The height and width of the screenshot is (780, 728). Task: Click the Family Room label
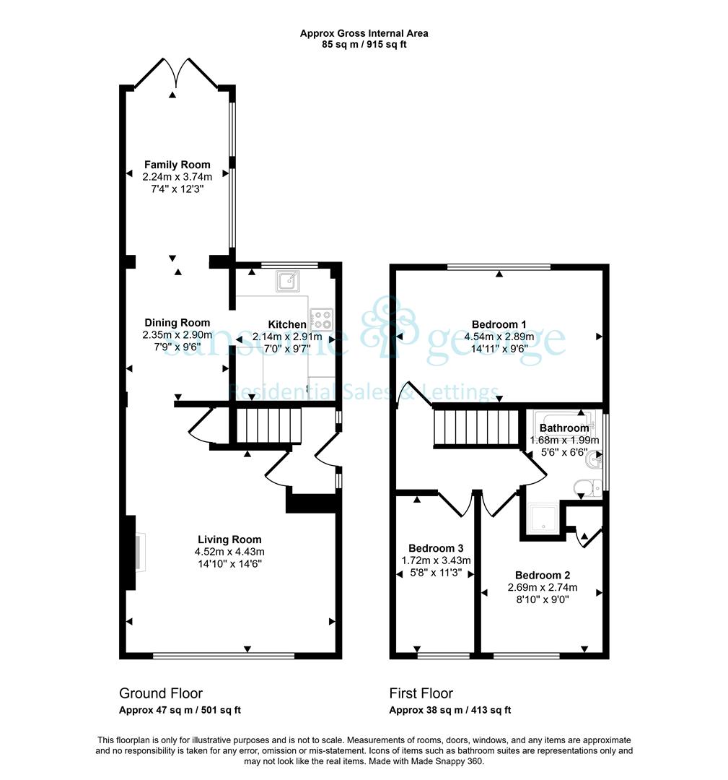click(x=177, y=165)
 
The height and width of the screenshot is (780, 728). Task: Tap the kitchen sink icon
click(x=288, y=281)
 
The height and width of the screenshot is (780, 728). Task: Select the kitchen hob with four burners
click(x=322, y=319)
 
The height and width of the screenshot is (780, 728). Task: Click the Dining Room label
click(x=177, y=323)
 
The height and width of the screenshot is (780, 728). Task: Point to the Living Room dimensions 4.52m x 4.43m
click(x=229, y=552)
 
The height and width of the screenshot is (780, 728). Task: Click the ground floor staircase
click(x=268, y=425)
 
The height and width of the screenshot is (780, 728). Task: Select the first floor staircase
click(x=476, y=427)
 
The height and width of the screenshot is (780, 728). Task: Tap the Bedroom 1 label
click(x=499, y=325)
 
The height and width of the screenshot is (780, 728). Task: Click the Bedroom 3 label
click(x=436, y=548)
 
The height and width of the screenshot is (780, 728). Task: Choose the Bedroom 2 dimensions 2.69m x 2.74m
click(x=542, y=587)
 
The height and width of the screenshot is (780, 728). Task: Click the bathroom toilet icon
click(x=587, y=487)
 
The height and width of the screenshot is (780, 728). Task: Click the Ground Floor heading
click(x=160, y=693)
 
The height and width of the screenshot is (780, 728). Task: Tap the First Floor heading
click(x=421, y=693)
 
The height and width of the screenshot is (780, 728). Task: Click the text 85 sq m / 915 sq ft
click(x=364, y=44)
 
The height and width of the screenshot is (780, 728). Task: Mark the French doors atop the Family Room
click(x=176, y=74)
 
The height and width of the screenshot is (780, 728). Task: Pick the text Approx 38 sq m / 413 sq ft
click(x=449, y=710)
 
